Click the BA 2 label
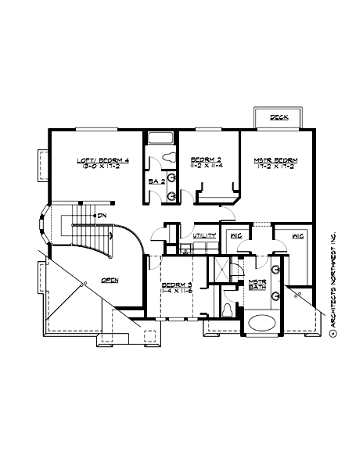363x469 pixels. click(156, 181)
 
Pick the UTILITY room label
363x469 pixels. click(204, 234)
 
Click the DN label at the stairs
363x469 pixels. click(102, 215)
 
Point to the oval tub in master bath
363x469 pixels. click(262, 322)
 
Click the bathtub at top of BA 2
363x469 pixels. click(160, 139)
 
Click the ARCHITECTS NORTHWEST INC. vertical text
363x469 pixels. click(332, 285)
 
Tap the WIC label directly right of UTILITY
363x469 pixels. click(235, 234)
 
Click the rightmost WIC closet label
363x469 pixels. click(298, 234)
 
